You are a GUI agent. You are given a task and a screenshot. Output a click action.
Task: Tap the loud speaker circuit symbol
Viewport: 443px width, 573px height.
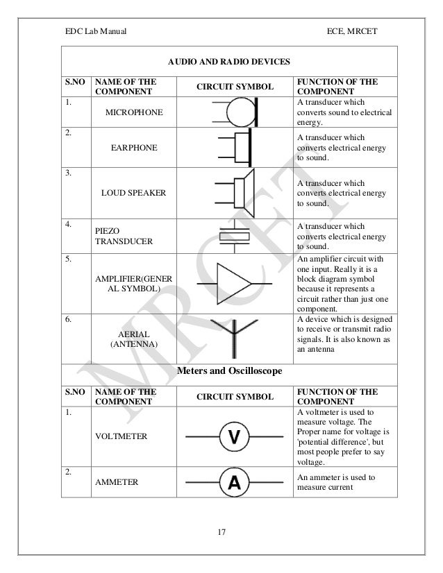235,191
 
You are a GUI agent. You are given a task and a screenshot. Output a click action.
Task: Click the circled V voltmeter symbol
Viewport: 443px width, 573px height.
235,436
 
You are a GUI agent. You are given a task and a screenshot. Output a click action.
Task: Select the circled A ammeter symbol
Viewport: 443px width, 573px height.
235,484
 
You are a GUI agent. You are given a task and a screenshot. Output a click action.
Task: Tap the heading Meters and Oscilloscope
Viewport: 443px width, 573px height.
231,371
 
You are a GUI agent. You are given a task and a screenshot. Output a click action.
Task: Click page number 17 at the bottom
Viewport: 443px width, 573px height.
221,532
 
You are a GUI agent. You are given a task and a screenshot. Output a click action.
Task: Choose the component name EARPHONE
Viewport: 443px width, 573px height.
133,148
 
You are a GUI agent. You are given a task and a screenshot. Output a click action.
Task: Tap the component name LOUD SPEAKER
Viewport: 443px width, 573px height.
133,192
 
